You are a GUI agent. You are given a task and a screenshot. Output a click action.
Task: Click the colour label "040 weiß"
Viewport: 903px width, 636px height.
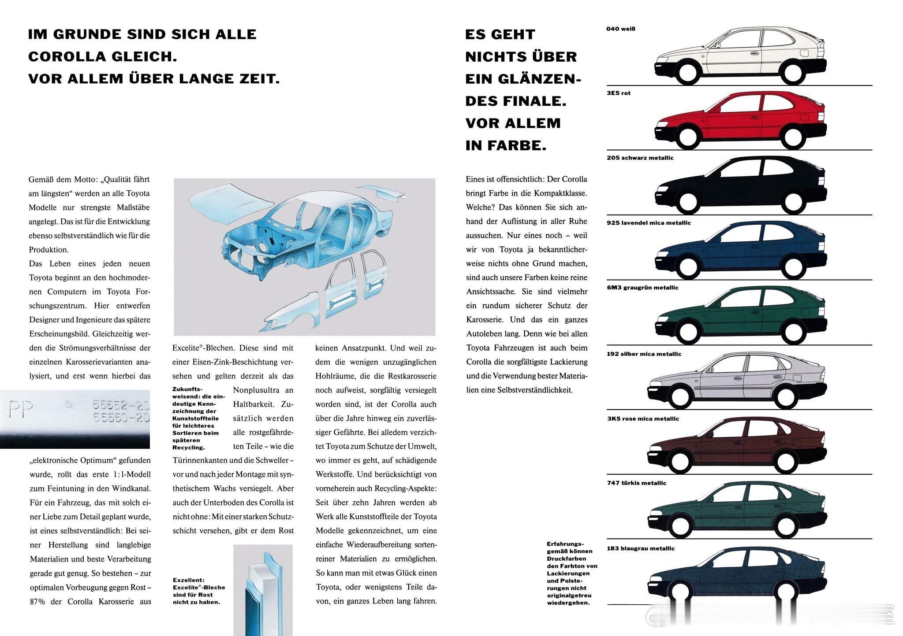pos(620,29)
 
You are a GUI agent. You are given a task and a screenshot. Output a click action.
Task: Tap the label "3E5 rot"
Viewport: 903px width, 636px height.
pos(619,93)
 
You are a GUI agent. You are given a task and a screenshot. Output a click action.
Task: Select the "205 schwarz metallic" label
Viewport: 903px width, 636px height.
pos(640,158)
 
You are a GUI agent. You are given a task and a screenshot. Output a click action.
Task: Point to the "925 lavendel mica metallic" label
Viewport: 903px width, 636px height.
pos(649,223)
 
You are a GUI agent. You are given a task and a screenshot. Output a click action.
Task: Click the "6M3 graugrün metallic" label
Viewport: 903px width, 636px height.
pos(642,288)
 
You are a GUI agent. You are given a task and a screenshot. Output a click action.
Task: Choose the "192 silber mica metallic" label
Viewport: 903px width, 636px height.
pos(644,354)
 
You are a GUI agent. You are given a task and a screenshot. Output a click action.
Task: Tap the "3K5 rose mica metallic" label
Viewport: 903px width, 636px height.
pos(643,419)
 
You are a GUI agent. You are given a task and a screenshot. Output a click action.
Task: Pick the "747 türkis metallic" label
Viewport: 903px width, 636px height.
pos(636,483)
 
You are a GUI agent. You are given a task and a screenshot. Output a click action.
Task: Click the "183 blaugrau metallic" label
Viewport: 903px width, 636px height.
pos(641,549)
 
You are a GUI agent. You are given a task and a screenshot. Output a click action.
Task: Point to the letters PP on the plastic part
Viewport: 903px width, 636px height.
pos(21,410)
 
